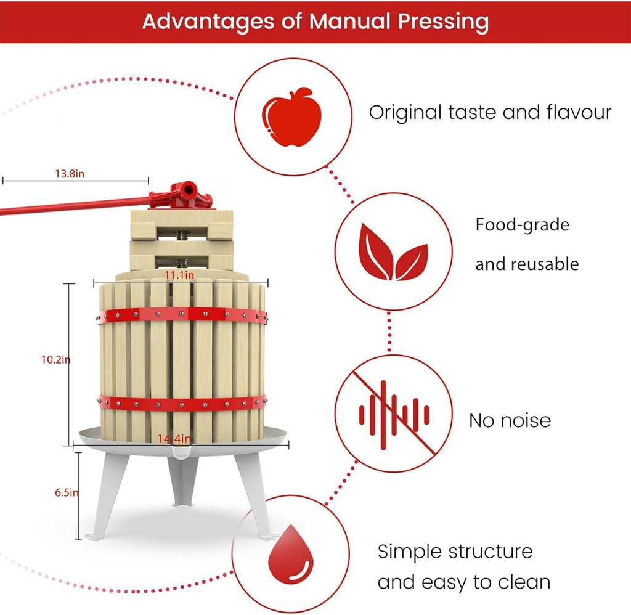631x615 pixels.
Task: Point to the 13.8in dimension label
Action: click(x=70, y=174)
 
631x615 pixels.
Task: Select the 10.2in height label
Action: click(x=55, y=360)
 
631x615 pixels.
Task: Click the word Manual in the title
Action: click(x=352, y=22)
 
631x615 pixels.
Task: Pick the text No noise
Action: click(x=510, y=421)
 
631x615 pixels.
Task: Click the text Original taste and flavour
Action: click(x=490, y=113)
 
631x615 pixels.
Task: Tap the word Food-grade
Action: click(x=522, y=225)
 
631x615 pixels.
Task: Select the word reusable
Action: click(x=545, y=264)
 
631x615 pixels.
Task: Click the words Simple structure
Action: click(x=455, y=550)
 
